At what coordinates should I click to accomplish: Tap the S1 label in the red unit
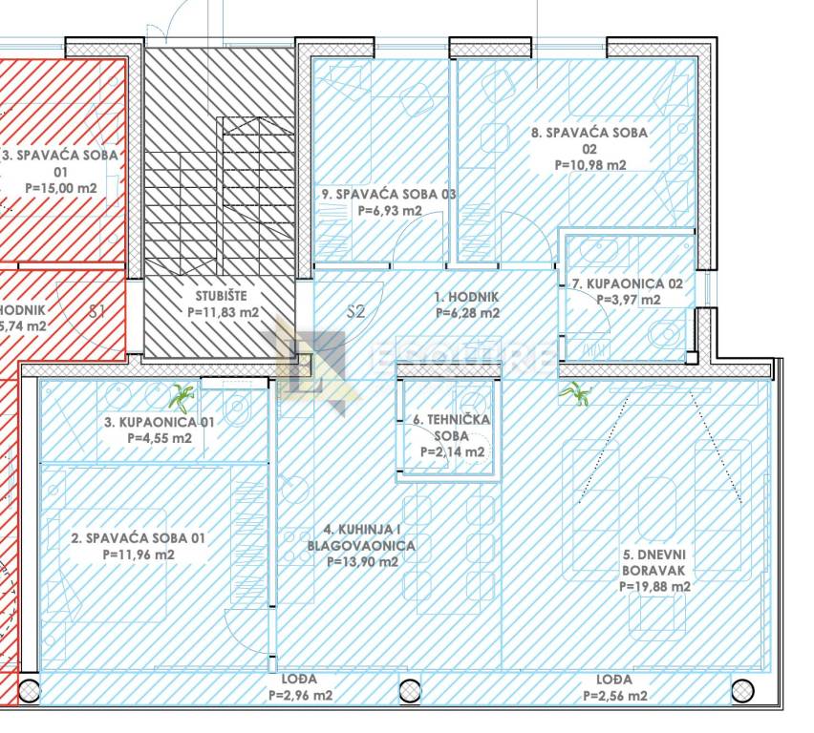click(x=96, y=310)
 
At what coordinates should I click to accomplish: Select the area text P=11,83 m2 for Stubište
click(x=221, y=312)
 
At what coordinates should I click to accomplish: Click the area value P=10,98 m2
click(x=589, y=164)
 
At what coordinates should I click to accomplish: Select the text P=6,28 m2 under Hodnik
click(x=466, y=312)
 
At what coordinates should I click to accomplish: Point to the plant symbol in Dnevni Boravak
click(x=574, y=393)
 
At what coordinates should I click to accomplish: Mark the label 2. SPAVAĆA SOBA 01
click(x=139, y=538)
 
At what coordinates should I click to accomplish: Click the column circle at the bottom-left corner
click(x=30, y=689)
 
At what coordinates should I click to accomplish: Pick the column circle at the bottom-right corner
click(x=741, y=689)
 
